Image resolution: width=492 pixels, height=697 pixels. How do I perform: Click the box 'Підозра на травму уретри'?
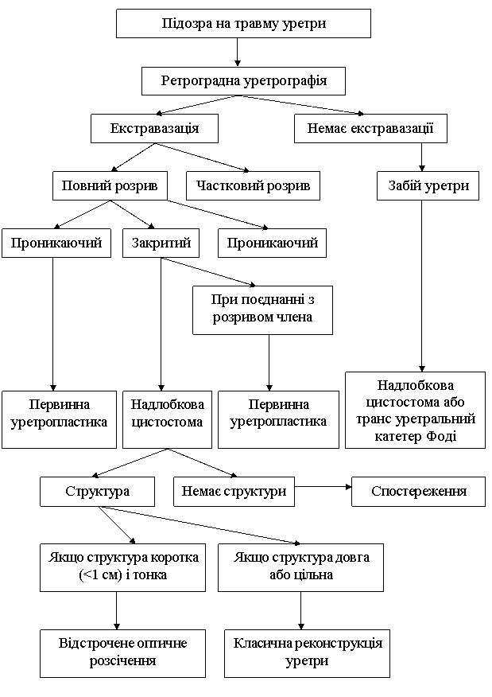point(243,23)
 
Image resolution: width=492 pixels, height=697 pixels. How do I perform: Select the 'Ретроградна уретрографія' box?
point(243,81)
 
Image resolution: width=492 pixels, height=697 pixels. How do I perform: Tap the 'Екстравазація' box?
point(154,128)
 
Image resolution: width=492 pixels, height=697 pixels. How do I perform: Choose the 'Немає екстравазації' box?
point(370,128)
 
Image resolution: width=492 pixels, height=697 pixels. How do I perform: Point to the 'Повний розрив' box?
point(110,185)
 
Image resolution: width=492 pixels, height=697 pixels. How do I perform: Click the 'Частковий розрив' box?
point(253,185)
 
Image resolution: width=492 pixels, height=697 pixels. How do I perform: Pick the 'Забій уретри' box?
point(428,185)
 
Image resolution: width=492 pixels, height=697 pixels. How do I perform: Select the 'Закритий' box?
point(161,243)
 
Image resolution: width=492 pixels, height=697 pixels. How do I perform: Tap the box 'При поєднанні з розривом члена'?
point(262,310)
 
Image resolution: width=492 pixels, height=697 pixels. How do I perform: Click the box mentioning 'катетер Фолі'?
point(415,410)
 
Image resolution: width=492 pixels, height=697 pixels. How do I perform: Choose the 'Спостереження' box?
point(418,491)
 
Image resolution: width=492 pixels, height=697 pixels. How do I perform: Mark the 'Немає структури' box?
point(234,491)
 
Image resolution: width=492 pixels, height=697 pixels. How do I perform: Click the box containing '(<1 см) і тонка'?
point(122,567)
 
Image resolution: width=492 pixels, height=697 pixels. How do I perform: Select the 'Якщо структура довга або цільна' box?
point(300,567)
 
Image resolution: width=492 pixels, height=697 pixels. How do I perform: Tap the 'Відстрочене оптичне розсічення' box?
point(122,653)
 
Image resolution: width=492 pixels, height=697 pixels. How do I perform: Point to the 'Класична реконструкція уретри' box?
point(307,653)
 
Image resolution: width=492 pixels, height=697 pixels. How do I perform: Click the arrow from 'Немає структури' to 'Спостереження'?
point(323,487)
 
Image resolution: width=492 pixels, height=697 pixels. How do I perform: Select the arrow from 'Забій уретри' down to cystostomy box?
point(422,286)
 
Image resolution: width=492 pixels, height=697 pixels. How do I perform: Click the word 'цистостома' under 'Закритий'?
point(167,422)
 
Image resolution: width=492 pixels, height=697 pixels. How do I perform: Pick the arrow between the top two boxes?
point(238,53)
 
